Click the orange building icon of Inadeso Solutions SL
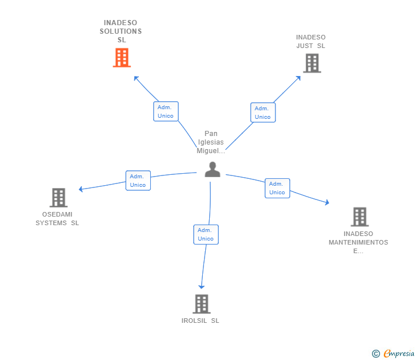pyautogui.click(x=122, y=58)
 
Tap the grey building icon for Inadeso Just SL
pyautogui.click(x=311, y=63)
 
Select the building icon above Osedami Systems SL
pyautogui.click(x=58, y=198)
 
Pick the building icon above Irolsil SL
pyautogui.click(x=201, y=304)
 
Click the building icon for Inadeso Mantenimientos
pyautogui.click(x=359, y=217)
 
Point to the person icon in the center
pyautogui.click(x=213, y=170)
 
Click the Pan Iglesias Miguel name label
pyautogui.click(x=211, y=142)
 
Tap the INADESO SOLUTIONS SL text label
pyautogui.click(x=121, y=31)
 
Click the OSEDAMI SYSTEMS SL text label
pyautogui.click(x=57, y=219)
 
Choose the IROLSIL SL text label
pyautogui.click(x=200, y=321)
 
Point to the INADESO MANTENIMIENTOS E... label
pyautogui.click(x=358, y=242)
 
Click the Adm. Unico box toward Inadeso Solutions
pyautogui.click(x=166, y=111)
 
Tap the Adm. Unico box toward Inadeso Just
pyautogui.click(x=263, y=113)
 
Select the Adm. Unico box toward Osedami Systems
pyautogui.click(x=138, y=181)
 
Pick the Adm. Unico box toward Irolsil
pyautogui.click(x=206, y=234)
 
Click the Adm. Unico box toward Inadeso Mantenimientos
pyautogui.click(x=277, y=188)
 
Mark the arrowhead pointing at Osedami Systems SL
pyautogui.click(x=81, y=189)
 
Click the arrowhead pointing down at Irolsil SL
pyautogui.click(x=201, y=287)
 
